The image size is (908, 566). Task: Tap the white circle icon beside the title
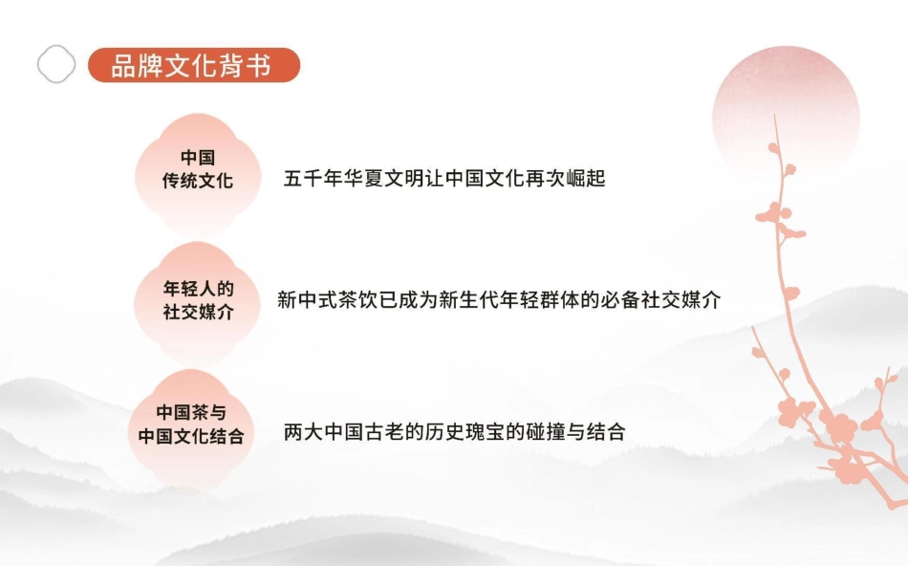[56, 64]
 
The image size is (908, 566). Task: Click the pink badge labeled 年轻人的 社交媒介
[198, 299]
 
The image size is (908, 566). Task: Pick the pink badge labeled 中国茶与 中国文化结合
[191, 424]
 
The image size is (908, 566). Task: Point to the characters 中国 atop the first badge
[198, 158]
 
